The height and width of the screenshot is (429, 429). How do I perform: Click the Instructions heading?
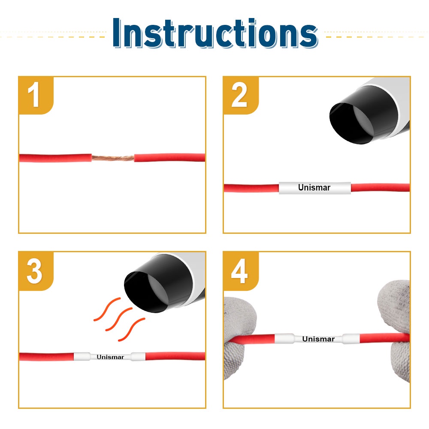(x=215, y=33)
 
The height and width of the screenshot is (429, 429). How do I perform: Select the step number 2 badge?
(x=241, y=95)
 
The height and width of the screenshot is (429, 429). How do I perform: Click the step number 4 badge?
(x=241, y=271)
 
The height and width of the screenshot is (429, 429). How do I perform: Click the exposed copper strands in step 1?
(x=113, y=158)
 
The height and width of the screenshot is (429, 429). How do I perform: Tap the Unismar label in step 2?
(x=314, y=188)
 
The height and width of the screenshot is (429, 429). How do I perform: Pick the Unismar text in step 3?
(x=110, y=357)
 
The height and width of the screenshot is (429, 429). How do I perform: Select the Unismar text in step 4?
(x=318, y=339)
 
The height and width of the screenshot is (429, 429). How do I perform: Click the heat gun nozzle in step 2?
(x=367, y=115)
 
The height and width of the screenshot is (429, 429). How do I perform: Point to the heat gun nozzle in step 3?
(x=161, y=283)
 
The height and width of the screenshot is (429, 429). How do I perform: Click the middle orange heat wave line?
(x=119, y=319)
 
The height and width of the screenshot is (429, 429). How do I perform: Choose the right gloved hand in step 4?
(x=396, y=328)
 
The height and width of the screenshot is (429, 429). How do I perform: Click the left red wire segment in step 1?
(x=55, y=158)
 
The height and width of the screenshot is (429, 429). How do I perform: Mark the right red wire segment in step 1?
(x=169, y=157)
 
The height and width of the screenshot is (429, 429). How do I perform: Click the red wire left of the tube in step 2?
(x=251, y=188)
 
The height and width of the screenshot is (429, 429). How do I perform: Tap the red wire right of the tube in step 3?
(x=175, y=356)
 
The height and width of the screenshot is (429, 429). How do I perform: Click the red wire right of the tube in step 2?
(x=380, y=187)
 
